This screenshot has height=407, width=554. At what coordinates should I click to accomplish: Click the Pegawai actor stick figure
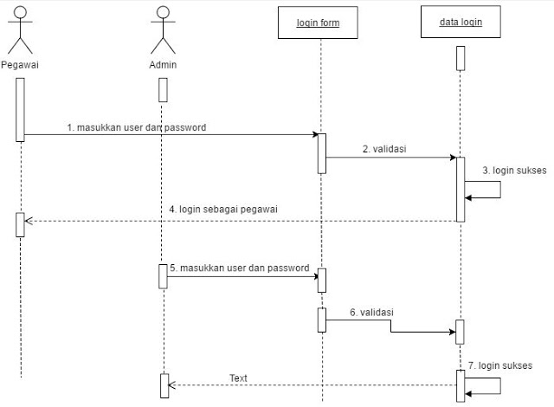click(21, 31)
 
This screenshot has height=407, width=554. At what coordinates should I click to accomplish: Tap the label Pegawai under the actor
click(21, 65)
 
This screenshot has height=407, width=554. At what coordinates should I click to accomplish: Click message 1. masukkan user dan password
click(137, 127)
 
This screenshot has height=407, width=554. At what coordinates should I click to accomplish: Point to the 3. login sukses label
click(514, 171)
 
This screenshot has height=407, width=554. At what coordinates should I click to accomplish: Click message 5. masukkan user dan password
click(239, 268)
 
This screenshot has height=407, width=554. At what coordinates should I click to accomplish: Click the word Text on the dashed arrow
click(238, 378)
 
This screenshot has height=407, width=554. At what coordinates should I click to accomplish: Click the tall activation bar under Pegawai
click(20, 109)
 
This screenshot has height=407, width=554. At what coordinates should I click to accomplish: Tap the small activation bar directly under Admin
click(162, 89)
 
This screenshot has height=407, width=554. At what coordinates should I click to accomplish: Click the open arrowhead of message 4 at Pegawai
click(29, 221)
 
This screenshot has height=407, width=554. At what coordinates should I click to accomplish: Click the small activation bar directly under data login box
click(461, 57)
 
